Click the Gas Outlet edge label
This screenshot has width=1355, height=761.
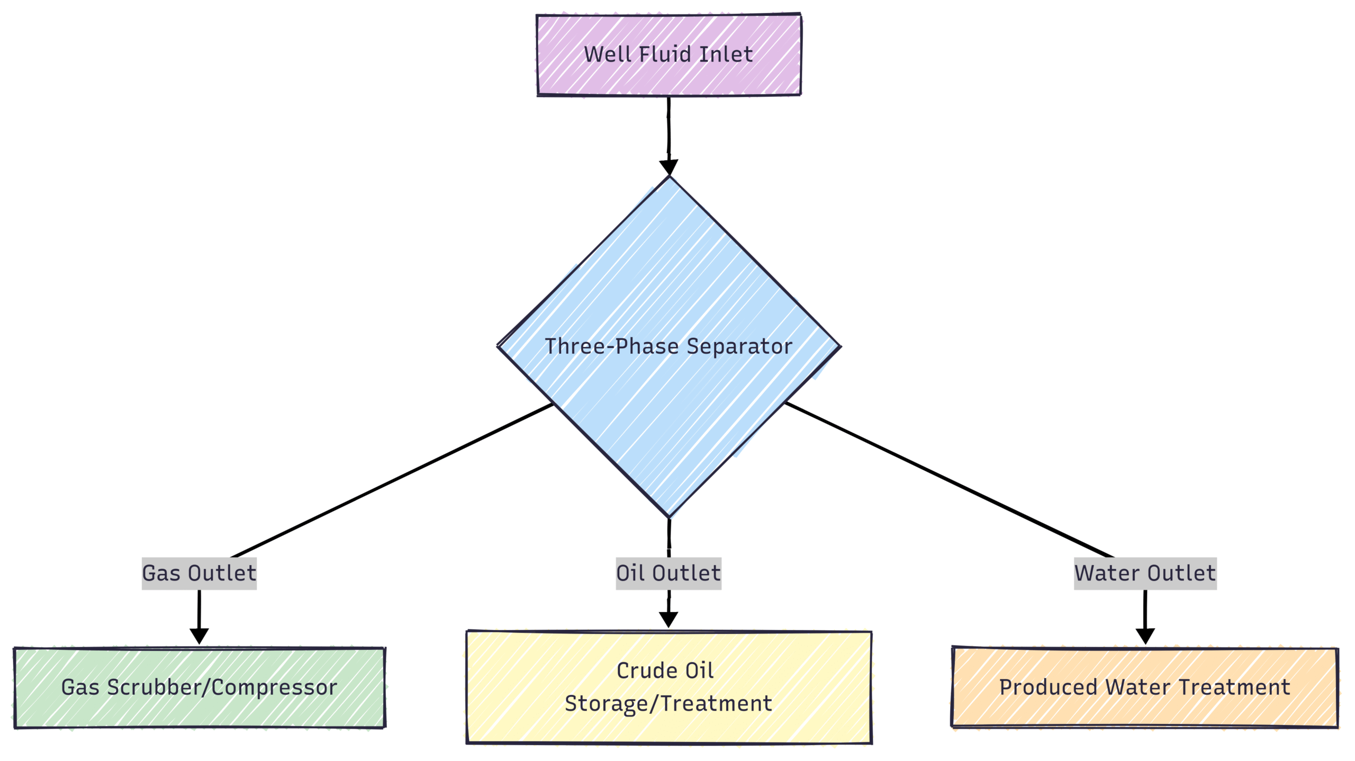click(x=199, y=573)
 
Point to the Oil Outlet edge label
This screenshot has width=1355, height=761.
click(x=669, y=573)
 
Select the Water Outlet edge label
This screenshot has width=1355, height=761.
click(x=1145, y=573)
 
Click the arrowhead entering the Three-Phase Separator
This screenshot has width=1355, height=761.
click(x=669, y=166)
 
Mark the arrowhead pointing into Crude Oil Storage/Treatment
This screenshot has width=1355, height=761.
click(x=669, y=619)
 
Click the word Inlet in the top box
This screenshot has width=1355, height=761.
click(x=726, y=54)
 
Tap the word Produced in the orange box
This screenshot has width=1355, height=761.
click(x=1048, y=687)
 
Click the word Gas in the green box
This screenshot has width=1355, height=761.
click(x=80, y=687)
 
